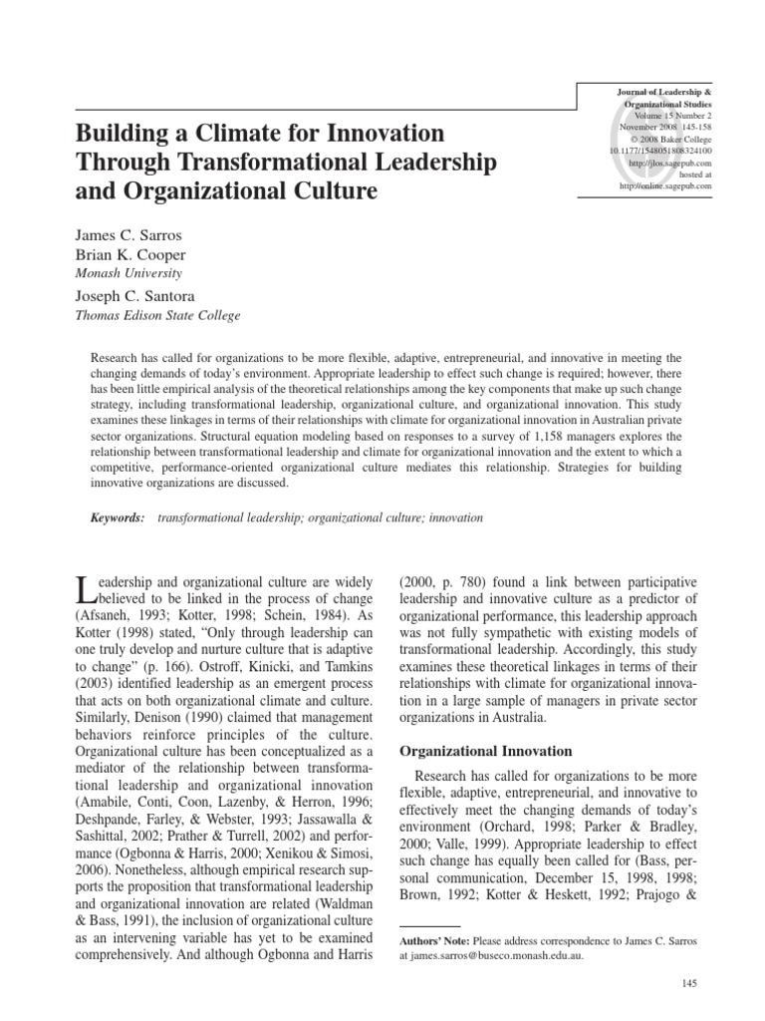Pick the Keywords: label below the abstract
tap(117, 518)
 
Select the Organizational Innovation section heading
tap(472, 750)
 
